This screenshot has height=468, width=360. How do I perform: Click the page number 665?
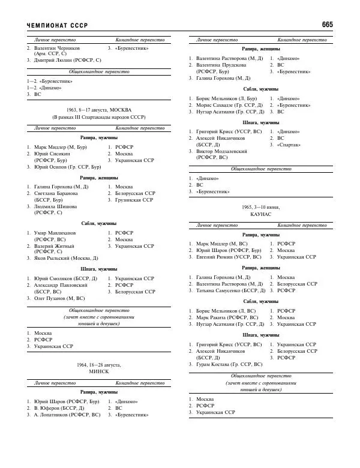pos(327,25)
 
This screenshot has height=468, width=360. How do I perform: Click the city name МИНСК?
pos(99,372)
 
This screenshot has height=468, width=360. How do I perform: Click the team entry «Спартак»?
pos(290,145)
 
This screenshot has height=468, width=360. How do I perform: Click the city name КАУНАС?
pos(261,214)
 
